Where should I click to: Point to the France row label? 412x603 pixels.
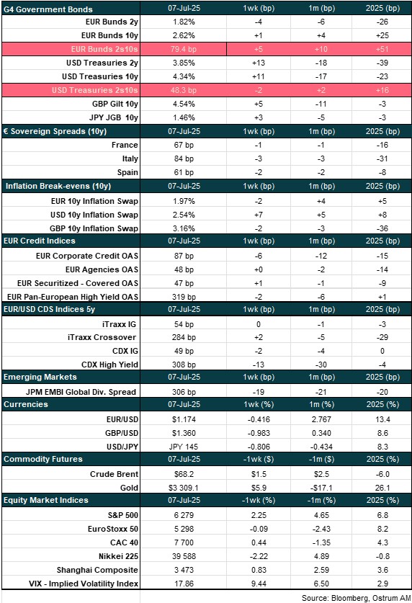(x=125, y=145)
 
